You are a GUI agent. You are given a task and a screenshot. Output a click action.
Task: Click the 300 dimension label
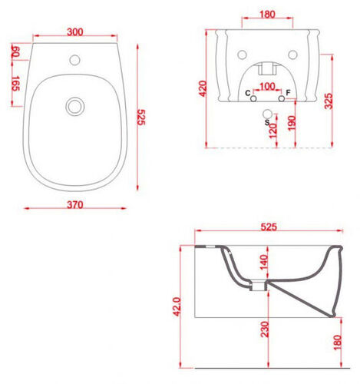[75, 31]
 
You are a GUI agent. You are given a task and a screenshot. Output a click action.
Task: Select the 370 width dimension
[75, 204]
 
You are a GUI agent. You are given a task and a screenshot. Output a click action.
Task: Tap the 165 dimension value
[15, 84]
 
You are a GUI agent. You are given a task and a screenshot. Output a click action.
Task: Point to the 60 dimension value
[15, 51]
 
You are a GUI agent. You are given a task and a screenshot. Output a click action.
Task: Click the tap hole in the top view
[74, 60]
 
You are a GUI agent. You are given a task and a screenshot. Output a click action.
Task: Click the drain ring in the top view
[75, 107]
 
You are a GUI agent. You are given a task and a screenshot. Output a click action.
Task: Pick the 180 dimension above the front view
[267, 15]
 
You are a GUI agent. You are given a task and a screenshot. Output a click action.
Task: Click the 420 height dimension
[203, 88]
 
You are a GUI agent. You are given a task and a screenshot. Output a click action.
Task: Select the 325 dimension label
[329, 101]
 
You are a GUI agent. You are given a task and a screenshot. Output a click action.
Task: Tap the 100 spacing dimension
[267, 86]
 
